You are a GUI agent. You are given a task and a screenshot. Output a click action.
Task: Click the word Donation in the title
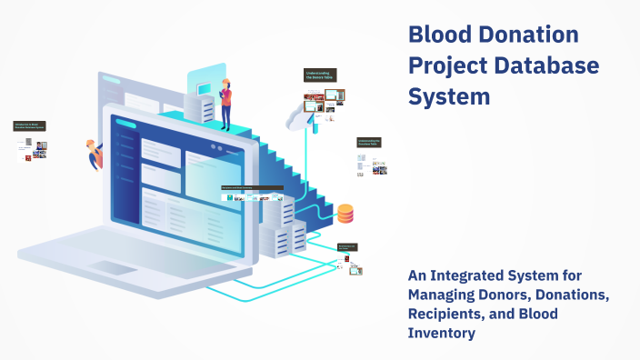click(x=529, y=36)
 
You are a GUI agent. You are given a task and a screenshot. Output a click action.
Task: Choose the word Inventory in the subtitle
click(x=443, y=335)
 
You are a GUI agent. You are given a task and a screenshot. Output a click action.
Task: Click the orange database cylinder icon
click(x=345, y=215)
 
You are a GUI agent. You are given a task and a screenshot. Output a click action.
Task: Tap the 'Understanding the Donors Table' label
click(x=321, y=75)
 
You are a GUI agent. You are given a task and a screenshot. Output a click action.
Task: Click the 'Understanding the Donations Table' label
click(x=368, y=143)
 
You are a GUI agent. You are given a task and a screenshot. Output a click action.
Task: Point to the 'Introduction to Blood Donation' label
click(x=30, y=126)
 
